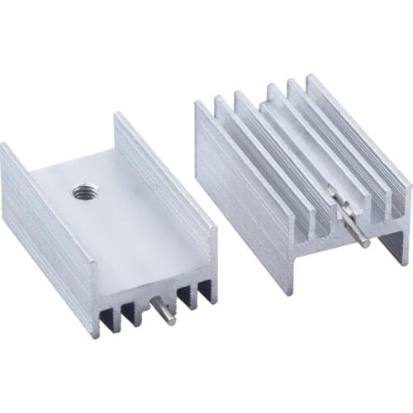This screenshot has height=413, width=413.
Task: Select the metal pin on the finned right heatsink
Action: [x=351, y=220]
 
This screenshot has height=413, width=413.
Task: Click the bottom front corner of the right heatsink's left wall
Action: [x=290, y=291]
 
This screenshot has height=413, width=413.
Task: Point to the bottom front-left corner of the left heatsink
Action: [x=97, y=335]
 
